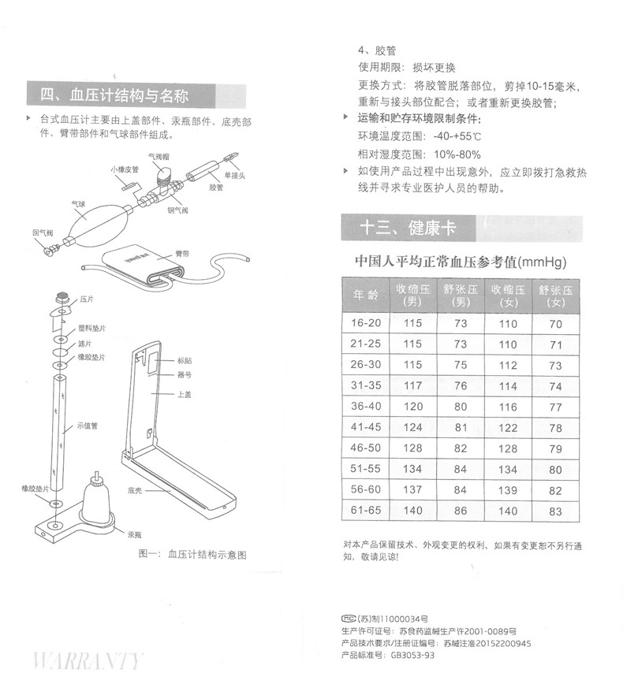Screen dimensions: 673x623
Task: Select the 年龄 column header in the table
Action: pos(365,296)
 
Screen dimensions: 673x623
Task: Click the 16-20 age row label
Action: pos(365,324)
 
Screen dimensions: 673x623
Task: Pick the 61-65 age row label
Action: pos(365,511)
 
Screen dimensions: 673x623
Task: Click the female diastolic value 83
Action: pos(555,511)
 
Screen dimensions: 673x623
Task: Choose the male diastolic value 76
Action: pos(461,386)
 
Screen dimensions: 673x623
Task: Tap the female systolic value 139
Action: pos(508,490)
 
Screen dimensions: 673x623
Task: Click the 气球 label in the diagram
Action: pos(78,204)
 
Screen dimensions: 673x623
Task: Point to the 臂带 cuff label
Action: pos(182,254)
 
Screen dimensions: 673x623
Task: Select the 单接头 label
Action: pos(237,175)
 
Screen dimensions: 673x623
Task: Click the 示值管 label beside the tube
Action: pos(87,426)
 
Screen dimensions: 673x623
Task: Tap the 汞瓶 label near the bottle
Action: pos(136,534)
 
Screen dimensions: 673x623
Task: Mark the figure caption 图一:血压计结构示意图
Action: pos(192,554)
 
